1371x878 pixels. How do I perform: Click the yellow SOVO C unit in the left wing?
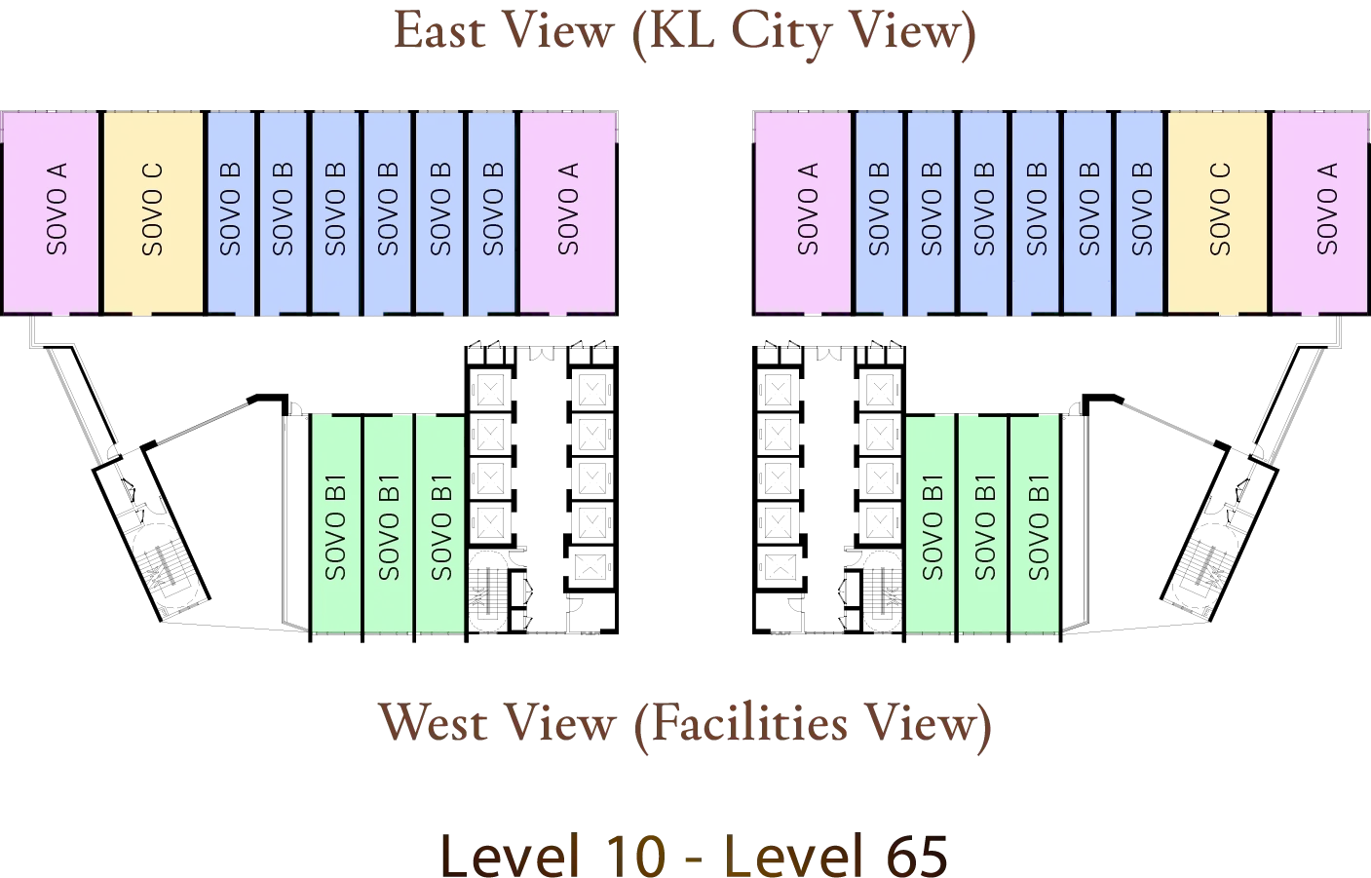153,211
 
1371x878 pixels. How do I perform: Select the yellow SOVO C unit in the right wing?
1218,211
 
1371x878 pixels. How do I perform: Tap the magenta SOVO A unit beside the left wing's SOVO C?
52,211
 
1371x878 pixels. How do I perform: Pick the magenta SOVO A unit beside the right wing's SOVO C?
1320,211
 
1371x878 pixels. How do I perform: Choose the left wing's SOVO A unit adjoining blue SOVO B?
568,211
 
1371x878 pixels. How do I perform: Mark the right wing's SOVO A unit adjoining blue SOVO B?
804,211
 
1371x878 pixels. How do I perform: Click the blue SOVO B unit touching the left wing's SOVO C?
231,211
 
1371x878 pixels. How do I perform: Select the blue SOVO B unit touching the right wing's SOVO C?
1140,211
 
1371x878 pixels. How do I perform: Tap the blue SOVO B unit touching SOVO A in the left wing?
492,211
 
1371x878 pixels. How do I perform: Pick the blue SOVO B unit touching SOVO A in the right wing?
880,211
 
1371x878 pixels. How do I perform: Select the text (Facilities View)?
814,725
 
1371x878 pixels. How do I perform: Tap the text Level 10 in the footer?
552,855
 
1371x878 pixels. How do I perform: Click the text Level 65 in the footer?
837,855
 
